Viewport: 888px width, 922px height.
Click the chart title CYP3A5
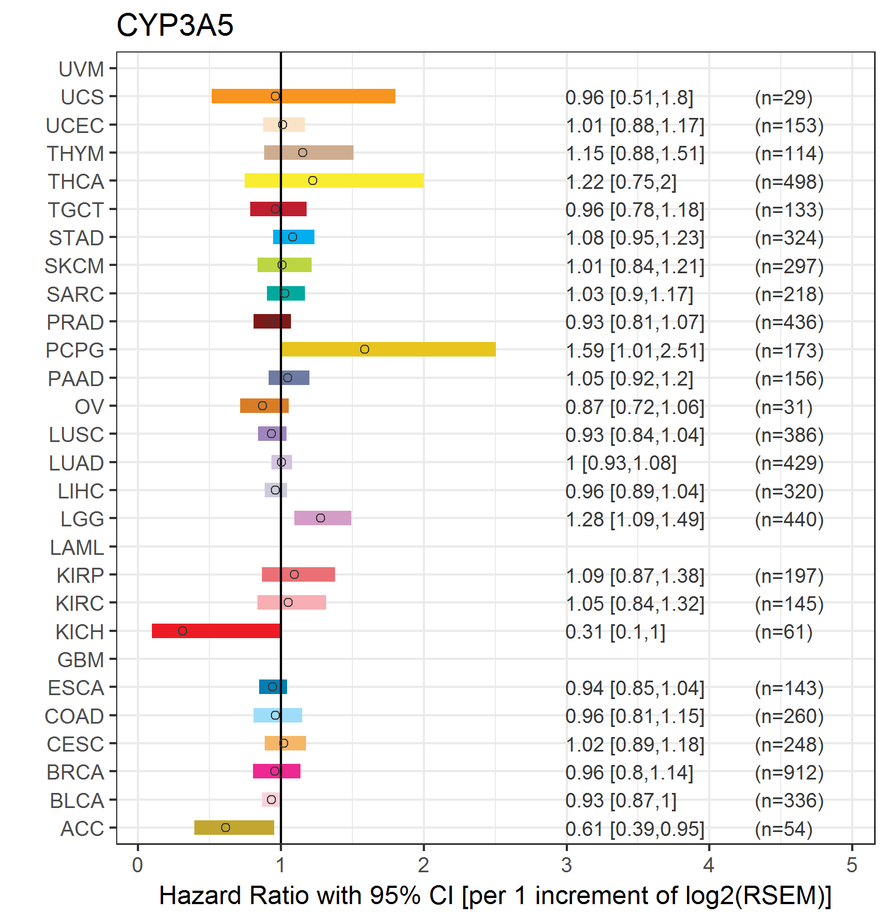[175, 25]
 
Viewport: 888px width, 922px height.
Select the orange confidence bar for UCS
[303, 96]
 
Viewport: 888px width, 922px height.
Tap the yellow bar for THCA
[334, 180]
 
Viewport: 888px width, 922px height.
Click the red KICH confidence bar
[216, 631]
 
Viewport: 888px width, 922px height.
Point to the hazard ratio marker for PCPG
[365, 349]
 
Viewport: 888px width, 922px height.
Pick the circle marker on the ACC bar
[226, 828]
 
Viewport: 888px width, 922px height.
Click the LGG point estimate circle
[321, 518]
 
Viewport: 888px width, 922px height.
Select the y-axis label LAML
[77, 548]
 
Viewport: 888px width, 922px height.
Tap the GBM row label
[81, 660]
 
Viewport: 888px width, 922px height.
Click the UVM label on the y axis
[82, 69]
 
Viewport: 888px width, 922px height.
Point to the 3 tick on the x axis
[566, 866]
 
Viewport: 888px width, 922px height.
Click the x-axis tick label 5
[852, 866]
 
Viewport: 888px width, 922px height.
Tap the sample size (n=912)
[789, 772]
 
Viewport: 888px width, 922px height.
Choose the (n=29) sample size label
[784, 97]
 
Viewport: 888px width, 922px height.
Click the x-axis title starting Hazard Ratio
[495, 896]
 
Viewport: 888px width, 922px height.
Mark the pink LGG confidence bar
[323, 518]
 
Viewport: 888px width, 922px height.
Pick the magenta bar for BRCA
[276, 771]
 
